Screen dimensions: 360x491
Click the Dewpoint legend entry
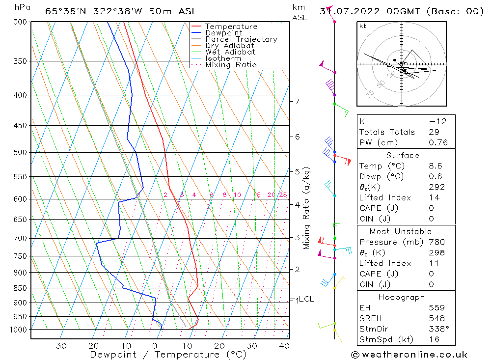223,33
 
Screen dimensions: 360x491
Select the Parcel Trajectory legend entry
241,39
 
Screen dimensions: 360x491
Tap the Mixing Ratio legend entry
231,64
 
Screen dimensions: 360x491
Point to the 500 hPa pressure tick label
21,152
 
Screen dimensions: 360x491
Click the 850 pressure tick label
21,288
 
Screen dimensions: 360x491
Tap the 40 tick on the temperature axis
283,346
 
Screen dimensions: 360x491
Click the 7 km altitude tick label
297,102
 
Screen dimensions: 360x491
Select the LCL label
306,299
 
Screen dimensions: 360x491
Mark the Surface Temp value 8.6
435,166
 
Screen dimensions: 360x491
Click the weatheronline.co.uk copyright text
409,355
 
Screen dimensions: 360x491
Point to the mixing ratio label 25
283,195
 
